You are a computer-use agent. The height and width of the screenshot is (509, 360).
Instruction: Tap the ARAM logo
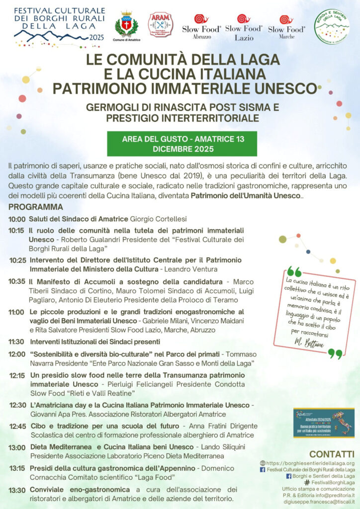pyautogui.click(x=161, y=24)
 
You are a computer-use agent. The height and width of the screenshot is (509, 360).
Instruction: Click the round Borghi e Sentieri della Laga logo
pyautogui.click(x=332, y=26)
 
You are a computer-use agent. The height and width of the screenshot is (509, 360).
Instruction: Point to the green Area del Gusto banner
pyautogui.click(x=182, y=144)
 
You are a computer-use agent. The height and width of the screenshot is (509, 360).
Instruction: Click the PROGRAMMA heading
pyautogui.click(x=36, y=207)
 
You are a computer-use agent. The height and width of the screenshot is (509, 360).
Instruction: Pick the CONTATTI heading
pyautogui.click(x=332, y=454)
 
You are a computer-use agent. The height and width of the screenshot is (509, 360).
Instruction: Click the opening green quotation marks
pyautogui.click(x=294, y=271)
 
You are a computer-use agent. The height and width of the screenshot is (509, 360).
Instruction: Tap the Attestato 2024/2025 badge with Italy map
pyautogui.click(x=323, y=423)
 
